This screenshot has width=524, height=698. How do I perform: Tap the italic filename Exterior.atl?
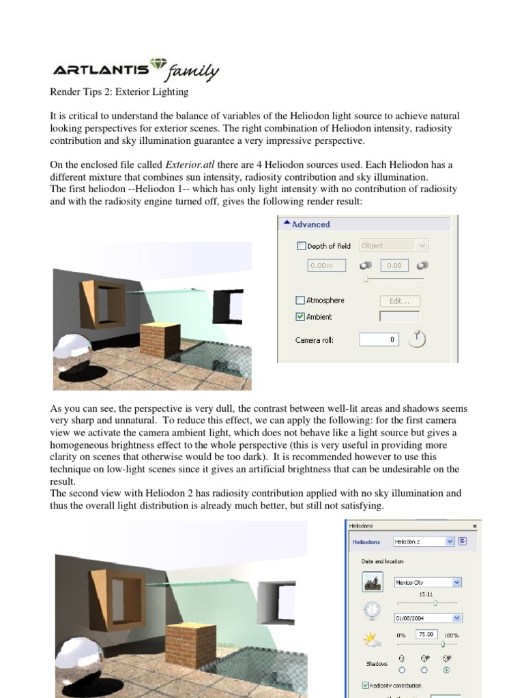tap(194, 165)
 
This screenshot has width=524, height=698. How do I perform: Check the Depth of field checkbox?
tap(301, 246)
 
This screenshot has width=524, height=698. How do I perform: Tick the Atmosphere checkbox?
tap(301, 300)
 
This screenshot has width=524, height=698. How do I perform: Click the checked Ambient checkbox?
tap(301, 316)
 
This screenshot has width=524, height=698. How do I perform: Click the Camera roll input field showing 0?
tap(379, 339)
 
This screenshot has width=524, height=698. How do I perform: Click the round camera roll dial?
tap(417, 338)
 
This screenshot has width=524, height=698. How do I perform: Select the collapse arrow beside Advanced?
tap(287, 224)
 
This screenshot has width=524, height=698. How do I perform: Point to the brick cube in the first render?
tap(160, 344)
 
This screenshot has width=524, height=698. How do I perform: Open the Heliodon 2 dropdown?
tap(450, 541)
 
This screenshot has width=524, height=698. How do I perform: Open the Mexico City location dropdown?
tap(456, 582)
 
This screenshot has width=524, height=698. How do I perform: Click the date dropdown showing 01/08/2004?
tap(456, 618)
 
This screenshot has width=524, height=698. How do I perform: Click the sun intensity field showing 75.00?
tap(426, 635)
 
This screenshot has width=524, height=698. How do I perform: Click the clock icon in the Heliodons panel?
tap(372, 609)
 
